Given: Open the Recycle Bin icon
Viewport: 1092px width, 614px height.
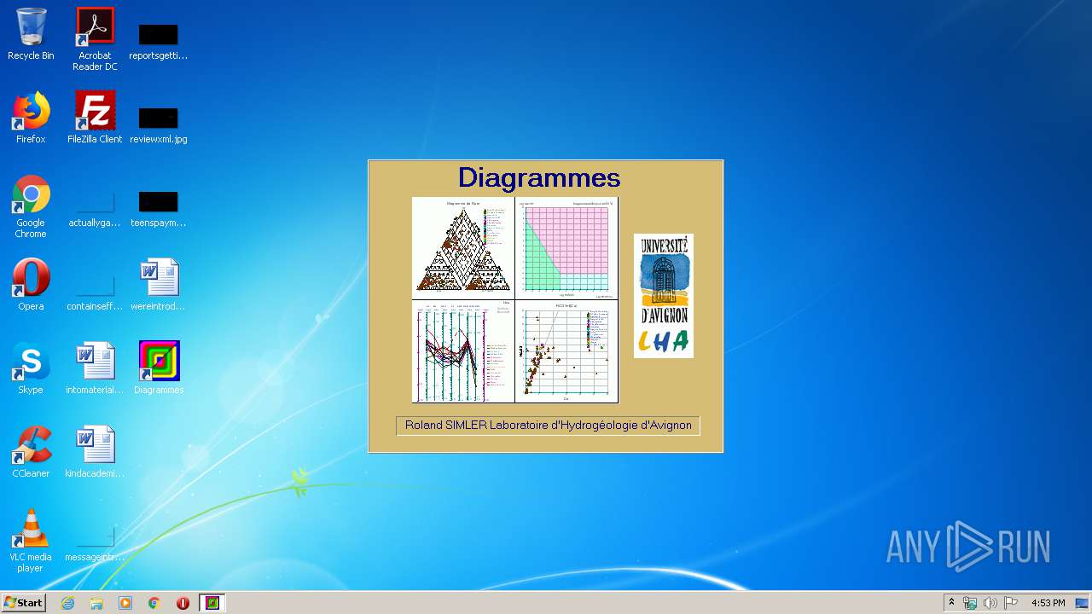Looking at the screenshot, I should pos(31,27).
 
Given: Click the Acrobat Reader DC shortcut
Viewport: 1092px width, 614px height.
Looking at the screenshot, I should pos(95,27).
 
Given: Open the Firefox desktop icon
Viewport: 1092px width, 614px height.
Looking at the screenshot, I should pos(31,111).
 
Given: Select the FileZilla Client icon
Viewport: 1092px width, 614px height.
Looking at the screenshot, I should pos(95,111).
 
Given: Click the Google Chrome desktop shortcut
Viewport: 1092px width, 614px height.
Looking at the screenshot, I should pos(31,194).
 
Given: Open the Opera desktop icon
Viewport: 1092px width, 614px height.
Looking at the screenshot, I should pos(31,278).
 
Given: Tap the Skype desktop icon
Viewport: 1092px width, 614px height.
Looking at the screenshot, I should pos(31,362).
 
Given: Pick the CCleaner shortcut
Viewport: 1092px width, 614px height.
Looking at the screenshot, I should pos(31,445).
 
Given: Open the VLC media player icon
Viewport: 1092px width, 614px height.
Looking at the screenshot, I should pos(31,529).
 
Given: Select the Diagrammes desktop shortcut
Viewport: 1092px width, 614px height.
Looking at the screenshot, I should pos(159,362).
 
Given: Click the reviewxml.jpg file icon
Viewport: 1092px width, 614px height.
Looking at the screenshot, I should pos(159,119).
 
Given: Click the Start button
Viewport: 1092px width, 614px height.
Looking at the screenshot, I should pos(23,603).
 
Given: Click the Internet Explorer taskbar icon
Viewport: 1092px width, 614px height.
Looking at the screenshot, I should pos(67,603).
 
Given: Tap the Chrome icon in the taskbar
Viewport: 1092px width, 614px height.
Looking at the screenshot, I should pos(154,603).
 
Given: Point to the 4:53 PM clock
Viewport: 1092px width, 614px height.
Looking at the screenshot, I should pos(1048,603).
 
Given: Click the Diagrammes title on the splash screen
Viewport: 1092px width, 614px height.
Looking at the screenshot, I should pos(538,177).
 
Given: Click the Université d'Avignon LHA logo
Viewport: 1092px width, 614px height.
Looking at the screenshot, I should pos(663,295).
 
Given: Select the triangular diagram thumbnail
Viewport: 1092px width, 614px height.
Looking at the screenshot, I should pos(463,246).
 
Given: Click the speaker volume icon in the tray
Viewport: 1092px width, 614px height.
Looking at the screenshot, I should pos(990,603).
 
